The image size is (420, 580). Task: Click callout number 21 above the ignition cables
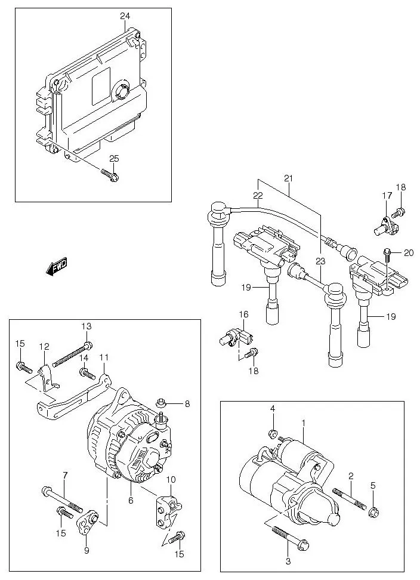click(x=289, y=178)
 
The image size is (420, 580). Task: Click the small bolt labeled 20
click(x=388, y=255)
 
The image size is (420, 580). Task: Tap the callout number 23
click(x=320, y=261)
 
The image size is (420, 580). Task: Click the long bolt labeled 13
click(x=71, y=354)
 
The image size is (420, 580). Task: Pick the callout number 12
click(x=44, y=346)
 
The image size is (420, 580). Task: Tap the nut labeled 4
click(x=271, y=434)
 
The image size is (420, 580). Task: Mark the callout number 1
click(x=303, y=423)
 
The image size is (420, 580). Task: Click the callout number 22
click(x=258, y=195)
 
